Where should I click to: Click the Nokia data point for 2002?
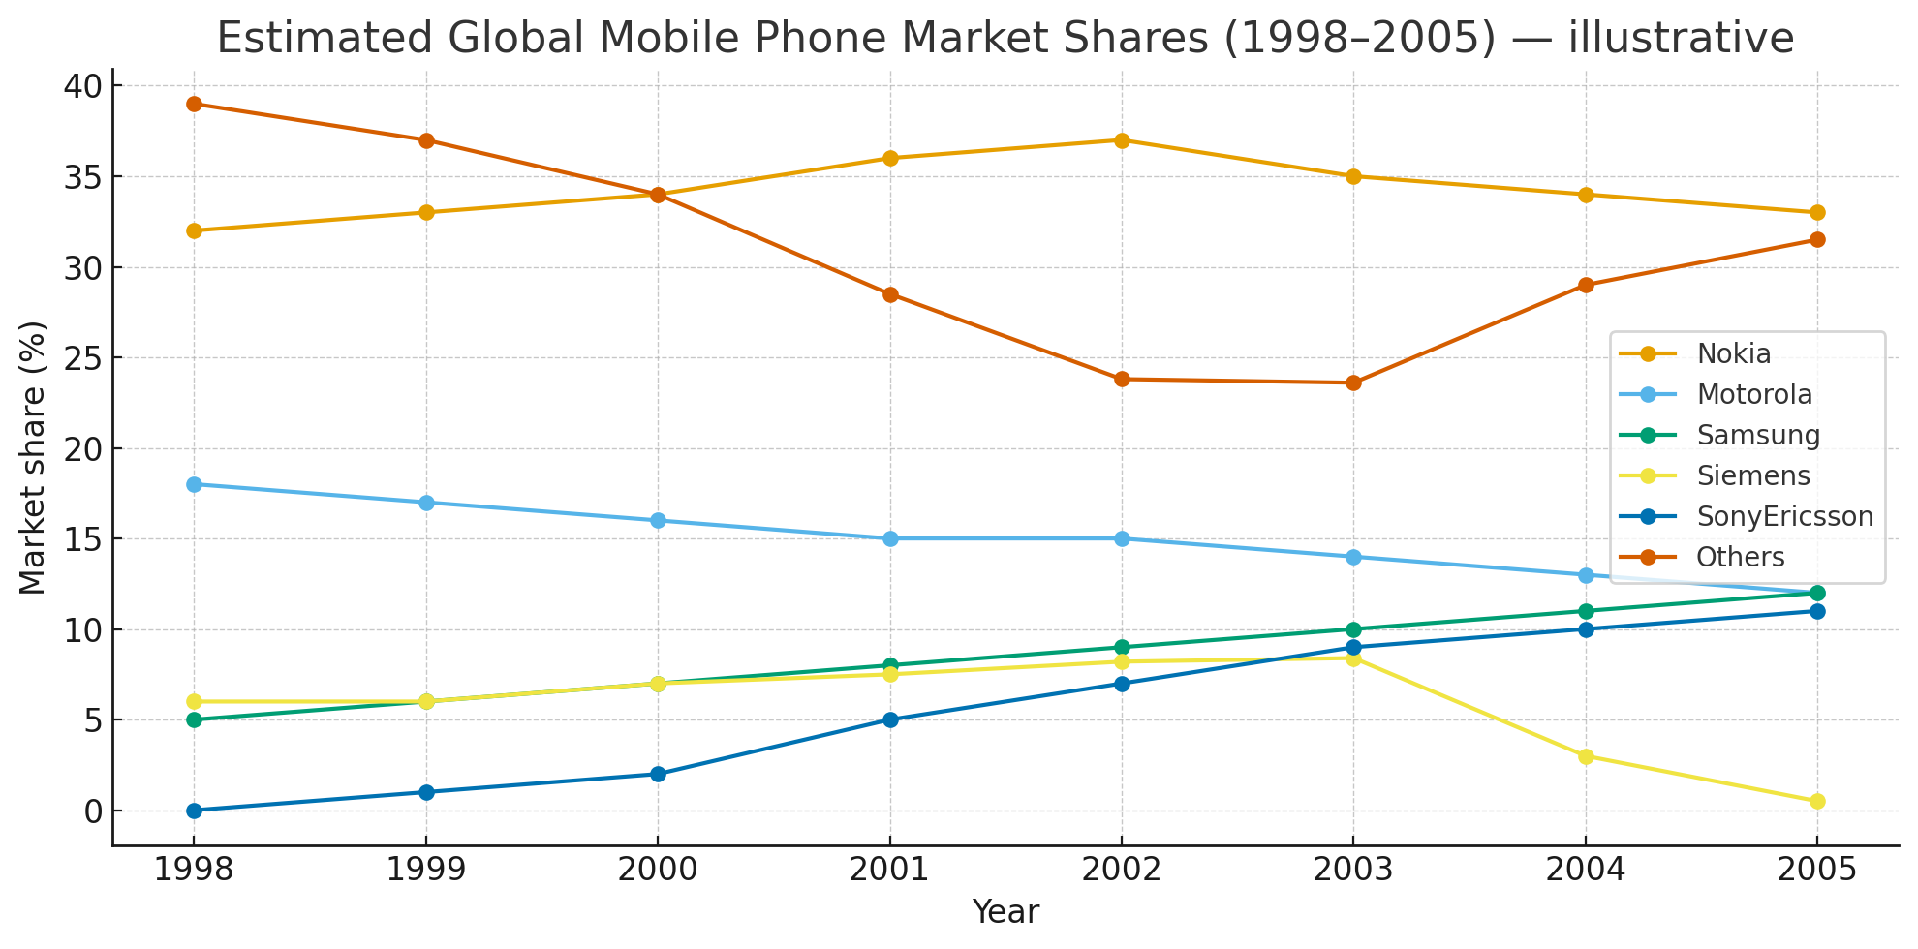tap(1122, 140)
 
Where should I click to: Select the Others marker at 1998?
tap(194, 104)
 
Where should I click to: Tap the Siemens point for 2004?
tap(1586, 756)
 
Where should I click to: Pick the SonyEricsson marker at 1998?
tap(194, 811)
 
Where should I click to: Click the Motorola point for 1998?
tap(194, 484)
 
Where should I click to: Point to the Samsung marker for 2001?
tap(890, 665)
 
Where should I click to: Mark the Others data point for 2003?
tap(1353, 383)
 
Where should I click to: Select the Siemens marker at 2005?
tap(1817, 801)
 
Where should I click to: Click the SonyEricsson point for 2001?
tap(890, 719)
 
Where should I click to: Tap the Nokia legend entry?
tap(1733, 354)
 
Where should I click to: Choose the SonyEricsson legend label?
tap(1784, 517)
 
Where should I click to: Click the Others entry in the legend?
tap(1740, 558)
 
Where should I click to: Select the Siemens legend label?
tap(1752, 476)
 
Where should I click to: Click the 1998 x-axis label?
tap(194, 870)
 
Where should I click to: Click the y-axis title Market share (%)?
tap(33, 457)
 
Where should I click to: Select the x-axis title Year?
tap(1005, 912)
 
